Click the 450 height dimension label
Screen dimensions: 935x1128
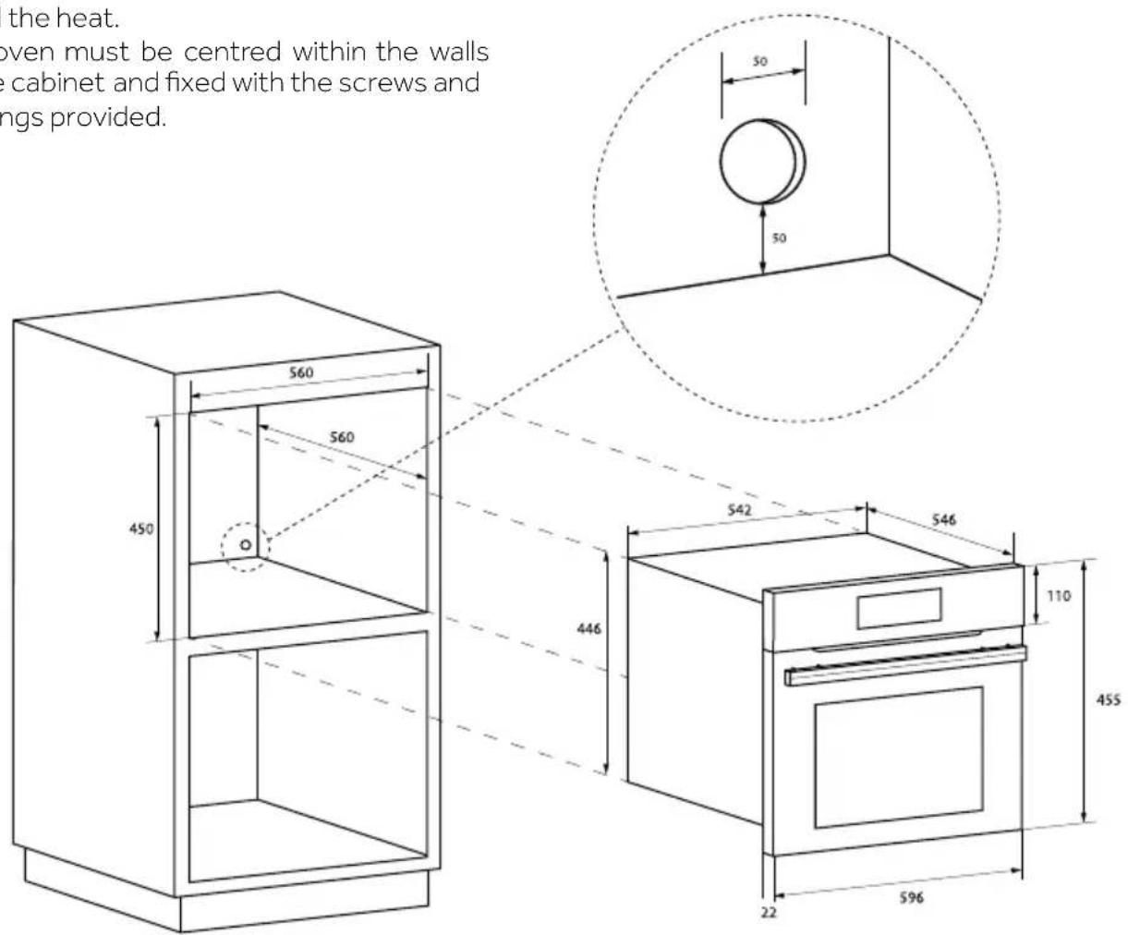(x=140, y=529)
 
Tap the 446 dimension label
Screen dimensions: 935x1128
(x=588, y=628)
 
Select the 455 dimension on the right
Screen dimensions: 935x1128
(x=1108, y=699)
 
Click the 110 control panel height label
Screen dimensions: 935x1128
(x=1059, y=596)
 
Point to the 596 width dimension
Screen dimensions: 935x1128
(x=910, y=897)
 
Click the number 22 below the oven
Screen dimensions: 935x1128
(x=769, y=912)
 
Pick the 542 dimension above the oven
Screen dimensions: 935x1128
(x=739, y=510)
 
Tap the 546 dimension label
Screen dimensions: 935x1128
(x=943, y=520)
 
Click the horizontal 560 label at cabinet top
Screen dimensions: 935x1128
(x=301, y=373)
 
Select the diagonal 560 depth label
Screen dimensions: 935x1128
(x=342, y=437)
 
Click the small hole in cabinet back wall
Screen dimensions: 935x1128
(x=245, y=545)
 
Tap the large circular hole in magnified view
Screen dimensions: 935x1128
(x=760, y=163)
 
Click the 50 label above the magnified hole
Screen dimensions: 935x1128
(x=759, y=62)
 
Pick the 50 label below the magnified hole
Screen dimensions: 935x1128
(x=779, y=238)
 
